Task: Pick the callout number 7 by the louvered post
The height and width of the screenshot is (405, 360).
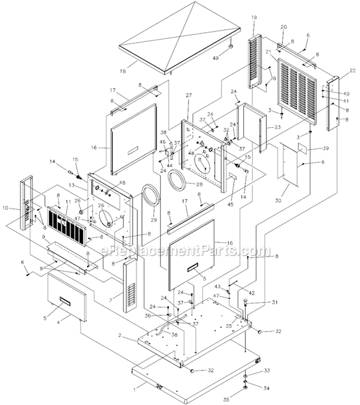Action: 111,300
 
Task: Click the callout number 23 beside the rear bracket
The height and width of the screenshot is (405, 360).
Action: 276,127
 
